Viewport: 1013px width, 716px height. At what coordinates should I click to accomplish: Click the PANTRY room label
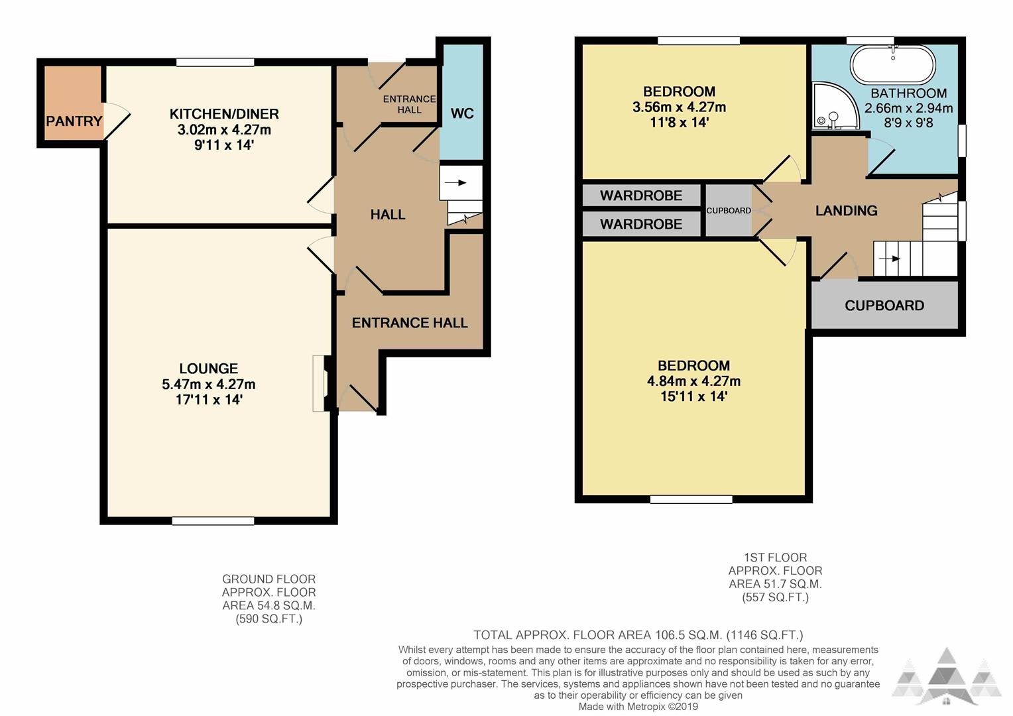tap(74, 121)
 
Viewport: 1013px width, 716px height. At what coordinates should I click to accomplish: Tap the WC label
tap(462, 113)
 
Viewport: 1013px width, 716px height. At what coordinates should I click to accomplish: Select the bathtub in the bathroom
tap(893, 65)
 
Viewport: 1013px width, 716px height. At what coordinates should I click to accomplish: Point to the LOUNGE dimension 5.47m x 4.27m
tap(208, 385)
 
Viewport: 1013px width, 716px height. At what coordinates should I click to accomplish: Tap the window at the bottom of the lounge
tap(213, 521)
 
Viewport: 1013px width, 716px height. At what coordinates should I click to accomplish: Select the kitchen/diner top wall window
tap(215, 62)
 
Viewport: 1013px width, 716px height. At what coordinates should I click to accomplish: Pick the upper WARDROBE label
tap(641, 196)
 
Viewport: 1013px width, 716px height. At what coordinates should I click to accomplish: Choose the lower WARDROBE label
tap(641, 224)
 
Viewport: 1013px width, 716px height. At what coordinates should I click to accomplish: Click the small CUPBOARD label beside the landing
tap(729, 210)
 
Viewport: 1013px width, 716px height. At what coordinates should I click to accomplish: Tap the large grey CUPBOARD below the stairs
tap(884, 306)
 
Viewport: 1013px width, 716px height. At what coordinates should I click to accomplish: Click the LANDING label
tap(846, 210)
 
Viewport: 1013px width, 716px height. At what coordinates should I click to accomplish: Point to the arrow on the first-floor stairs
tap(889, 259)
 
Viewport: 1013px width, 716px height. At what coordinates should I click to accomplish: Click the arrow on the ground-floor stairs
tap(456, 183)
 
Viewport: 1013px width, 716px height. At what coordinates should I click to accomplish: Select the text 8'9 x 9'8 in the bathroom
tap(908, 123)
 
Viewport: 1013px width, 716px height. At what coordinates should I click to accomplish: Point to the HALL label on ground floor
tap(388, 214)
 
